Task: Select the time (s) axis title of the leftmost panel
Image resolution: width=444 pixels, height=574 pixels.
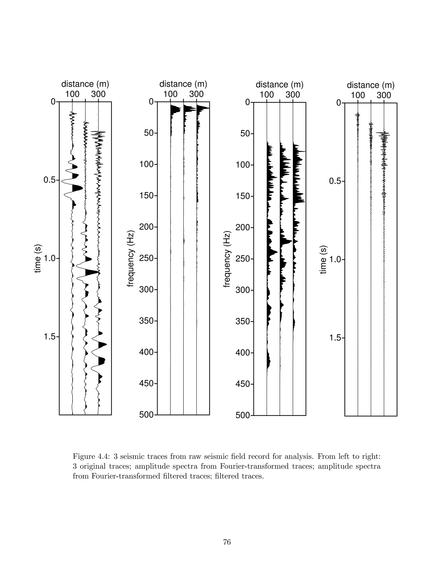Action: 38,259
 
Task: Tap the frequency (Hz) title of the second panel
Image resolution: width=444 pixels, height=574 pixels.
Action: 131,259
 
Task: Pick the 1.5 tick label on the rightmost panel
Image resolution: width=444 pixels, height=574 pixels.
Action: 336,338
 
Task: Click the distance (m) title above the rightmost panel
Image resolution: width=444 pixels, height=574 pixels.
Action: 371,85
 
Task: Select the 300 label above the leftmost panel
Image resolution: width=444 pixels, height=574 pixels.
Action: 98,94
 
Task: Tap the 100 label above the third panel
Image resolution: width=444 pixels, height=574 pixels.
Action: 267,95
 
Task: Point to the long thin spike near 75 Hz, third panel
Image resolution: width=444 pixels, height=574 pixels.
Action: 301,151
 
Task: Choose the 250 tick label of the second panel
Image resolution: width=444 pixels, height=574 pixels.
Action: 148,258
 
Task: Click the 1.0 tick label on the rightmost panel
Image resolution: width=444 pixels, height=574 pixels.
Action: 336,260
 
